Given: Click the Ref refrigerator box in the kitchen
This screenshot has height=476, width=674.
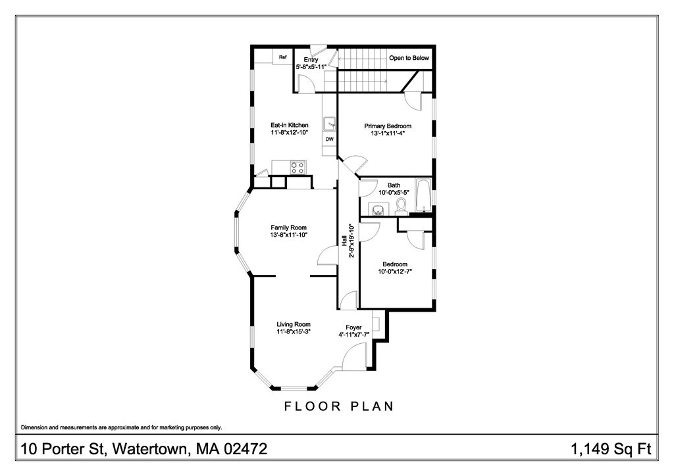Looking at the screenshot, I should coord(283,57).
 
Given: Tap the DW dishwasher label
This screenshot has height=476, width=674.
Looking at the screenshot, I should coord(329,139).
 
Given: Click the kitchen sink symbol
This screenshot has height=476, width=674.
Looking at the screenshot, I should coord(329,123).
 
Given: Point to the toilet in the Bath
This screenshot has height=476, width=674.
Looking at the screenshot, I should coord(403,208).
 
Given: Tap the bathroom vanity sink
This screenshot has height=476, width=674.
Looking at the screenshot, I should coord(378,210).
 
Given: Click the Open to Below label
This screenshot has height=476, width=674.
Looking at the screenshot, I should coord(409,58).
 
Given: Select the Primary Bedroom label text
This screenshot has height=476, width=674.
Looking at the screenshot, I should coord(388,126).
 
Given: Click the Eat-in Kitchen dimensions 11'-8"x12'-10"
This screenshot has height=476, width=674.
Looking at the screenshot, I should coord(290,133).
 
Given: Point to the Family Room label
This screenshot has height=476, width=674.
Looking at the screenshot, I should coord(289,227).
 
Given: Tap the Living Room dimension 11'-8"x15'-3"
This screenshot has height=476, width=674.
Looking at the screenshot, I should coord(293,332).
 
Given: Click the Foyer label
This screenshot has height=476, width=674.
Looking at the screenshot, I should coord(354,327).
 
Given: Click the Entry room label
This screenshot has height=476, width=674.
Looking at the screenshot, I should coord(311,60).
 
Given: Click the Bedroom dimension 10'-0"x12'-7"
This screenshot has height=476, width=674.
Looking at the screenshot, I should coord(394,272).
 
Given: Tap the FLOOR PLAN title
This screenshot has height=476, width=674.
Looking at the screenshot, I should coord(339,406).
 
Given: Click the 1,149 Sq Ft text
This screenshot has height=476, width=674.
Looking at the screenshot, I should coord(611,450).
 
